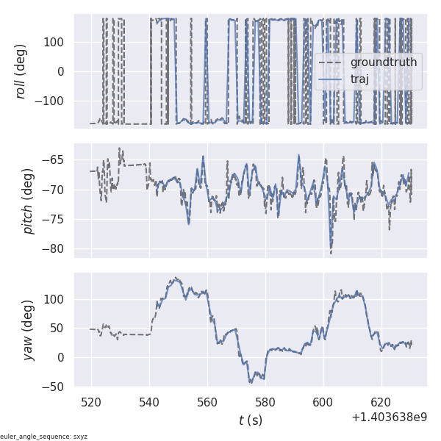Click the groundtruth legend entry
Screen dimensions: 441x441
[x=383, y=62]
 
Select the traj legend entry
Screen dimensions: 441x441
[x=359, y=79]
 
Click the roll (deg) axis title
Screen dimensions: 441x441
[x=29, y=71]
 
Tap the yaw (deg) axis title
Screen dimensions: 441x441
[x=29, y=329]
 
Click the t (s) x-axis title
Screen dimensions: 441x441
[x=251, y=420]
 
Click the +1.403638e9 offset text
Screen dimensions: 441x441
[x=389, y=417]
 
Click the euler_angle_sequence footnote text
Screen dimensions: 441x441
[x=44, y=437]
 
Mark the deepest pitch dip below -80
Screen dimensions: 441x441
[x=331, y=254]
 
